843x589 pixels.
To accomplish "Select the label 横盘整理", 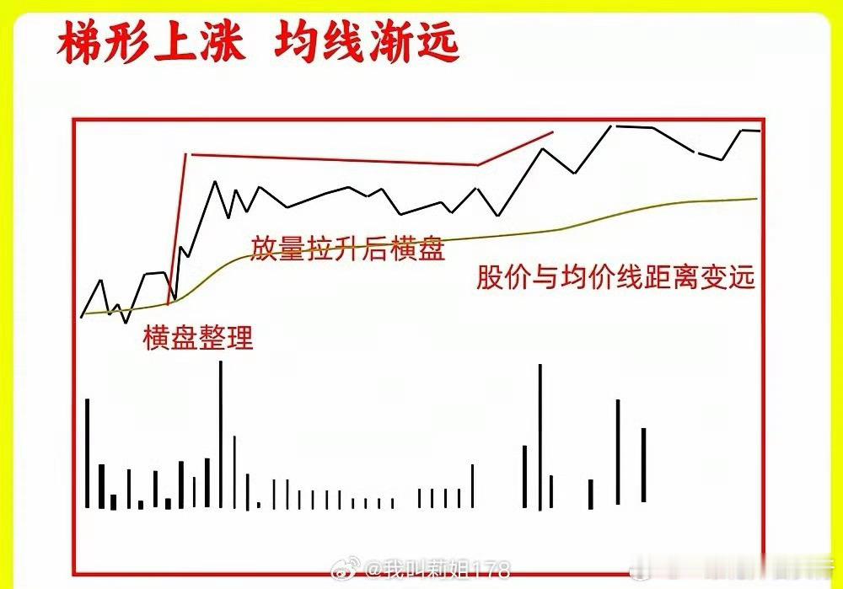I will click(x=198, y=338).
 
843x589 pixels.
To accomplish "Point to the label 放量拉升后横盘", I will click(x=347, y=249).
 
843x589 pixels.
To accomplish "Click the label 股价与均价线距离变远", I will click(x=615, y=277).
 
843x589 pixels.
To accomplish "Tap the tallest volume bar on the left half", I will click(x=221, y=434).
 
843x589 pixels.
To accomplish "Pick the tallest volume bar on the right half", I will click(x=540, y=436).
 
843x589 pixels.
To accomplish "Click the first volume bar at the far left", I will click(x=87, y=452).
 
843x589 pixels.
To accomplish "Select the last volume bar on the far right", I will click(x=643, y=464).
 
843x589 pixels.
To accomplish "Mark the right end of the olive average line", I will click(x=755, y=199).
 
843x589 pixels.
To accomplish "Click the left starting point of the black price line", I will click(x=82, y=316).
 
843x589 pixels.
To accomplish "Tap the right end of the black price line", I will click(x=759, y=131).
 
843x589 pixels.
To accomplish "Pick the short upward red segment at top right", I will click(x=515, y=148).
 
